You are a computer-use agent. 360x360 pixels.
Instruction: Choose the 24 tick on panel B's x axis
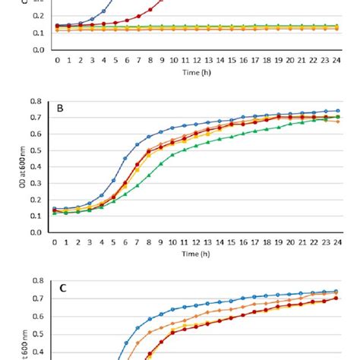[x=337, y=242]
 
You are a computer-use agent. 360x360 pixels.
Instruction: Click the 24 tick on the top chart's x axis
[x=337, y=58]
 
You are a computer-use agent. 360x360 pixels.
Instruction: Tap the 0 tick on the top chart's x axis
[x=55, y=58]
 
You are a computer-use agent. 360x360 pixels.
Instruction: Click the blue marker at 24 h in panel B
[x=337, y=110]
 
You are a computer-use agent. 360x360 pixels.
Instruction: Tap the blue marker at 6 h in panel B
[x=125, y=159]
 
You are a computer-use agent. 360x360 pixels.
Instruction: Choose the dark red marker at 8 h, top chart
[x=150, y=8]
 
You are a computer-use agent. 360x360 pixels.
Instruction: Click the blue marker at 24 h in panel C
[x=337, y=290]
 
